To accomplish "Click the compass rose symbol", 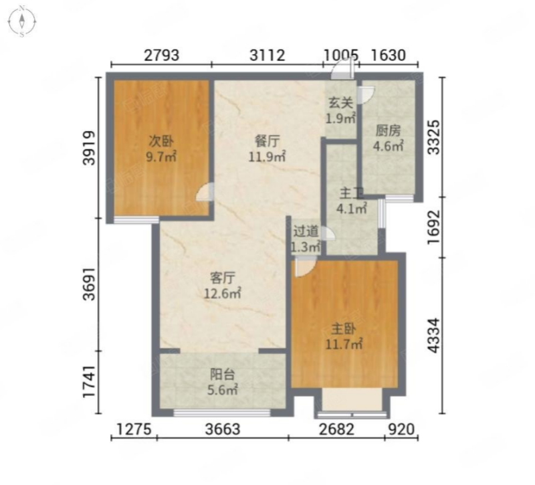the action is point(22,21).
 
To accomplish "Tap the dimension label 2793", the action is point(161,55).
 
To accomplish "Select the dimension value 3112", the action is point(267,55).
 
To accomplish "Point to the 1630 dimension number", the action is point(389,55).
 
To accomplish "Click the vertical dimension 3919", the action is point(90,148).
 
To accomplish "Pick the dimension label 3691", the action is point(90,284).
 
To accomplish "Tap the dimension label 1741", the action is point(90,381).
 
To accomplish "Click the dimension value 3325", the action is point(434,137).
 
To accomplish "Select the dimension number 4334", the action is point(434,335).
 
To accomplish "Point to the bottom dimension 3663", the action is point(223,429).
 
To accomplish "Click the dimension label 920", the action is point(402,429).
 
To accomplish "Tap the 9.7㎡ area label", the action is point(161,157).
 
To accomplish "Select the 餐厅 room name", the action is point(267,140).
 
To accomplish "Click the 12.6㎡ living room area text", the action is point(223,293).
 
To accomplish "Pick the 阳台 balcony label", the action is point(223,375).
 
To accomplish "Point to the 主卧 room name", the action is point(344,329).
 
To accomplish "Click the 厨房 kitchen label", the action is point(388,130).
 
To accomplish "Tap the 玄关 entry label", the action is point(340,102).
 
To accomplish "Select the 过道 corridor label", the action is point(306,231).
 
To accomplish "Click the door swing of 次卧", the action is point(205,192).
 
